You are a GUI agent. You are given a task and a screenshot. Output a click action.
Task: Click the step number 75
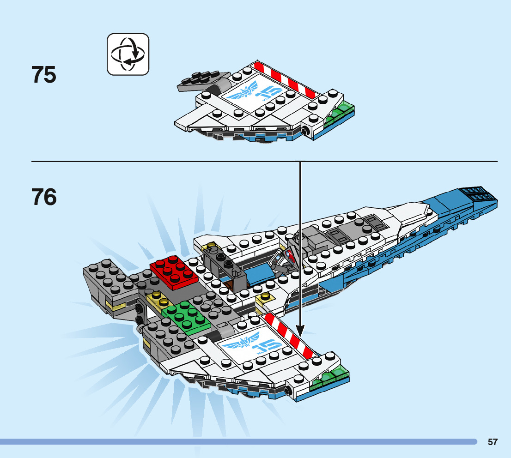[44, 75]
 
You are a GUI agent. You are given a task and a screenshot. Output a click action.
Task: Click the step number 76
[44, 197]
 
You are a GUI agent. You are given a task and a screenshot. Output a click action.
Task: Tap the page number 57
[493, 442]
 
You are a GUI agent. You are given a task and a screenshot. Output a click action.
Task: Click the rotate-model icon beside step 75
[128, 54]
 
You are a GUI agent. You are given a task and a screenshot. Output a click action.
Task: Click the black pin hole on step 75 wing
[305, 131]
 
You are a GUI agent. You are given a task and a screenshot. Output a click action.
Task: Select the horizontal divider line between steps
[166, 162]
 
